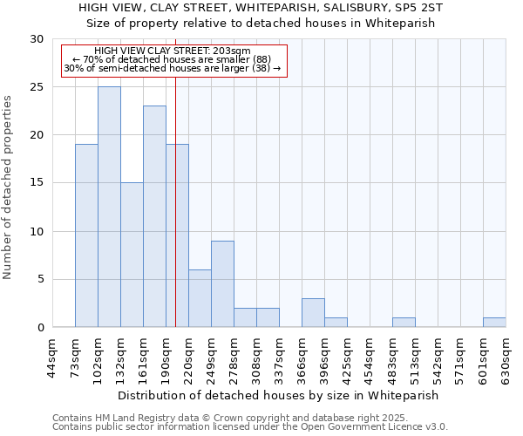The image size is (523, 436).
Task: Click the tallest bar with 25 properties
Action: point(109,207)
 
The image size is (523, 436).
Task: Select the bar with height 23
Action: point(154,216)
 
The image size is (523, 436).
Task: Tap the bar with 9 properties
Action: point(222,283)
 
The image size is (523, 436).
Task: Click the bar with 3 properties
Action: point(313,312)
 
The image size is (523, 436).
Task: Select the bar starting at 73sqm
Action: point(86,235)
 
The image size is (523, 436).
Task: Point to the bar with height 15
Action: point(132,255)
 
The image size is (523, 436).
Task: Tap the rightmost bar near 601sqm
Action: point(494,323)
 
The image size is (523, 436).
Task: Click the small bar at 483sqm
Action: point(404,323)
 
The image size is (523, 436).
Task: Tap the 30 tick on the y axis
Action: point(36,39)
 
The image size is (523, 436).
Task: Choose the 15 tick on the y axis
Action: point(36,183)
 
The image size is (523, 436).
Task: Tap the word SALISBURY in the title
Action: point(329,7)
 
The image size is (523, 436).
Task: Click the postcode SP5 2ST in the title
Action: point(415,7)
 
